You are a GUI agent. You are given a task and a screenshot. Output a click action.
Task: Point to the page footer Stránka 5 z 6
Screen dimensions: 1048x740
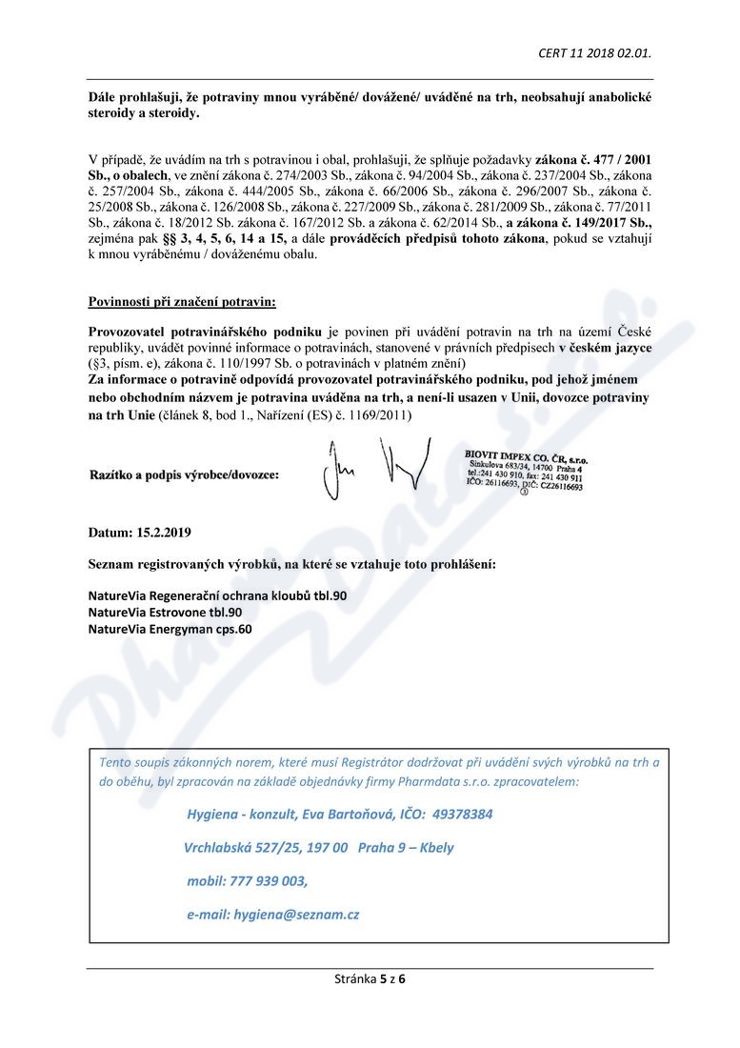(x=370, y=977)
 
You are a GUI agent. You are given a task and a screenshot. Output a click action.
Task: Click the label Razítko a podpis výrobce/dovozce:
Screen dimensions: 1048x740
(x=184, y=474)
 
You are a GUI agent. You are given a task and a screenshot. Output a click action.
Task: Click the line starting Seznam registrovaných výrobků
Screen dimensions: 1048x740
(x=291, y=564)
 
